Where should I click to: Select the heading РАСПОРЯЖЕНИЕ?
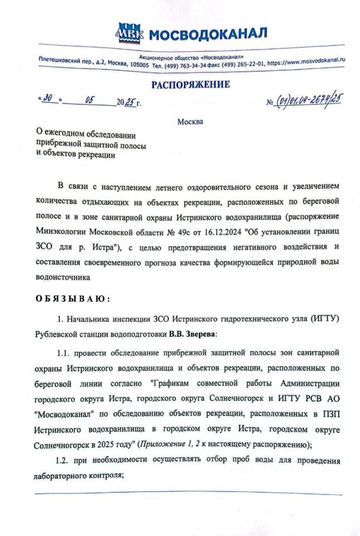(190, 84)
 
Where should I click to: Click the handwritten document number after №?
(309, 101)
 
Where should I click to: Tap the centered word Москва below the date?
(190, 122)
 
